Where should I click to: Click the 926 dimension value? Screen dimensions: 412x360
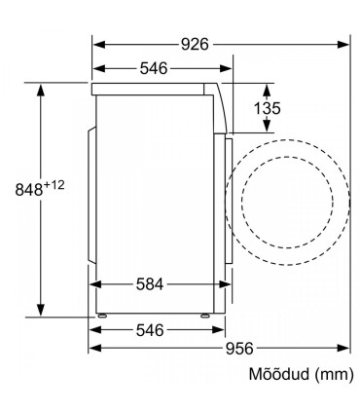pyautogui.click(x=194, y=45)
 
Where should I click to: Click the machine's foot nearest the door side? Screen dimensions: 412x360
pyautogui.click(x=206, y=317)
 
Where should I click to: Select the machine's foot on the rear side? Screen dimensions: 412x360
pyautogui.click(x=101, y=317)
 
